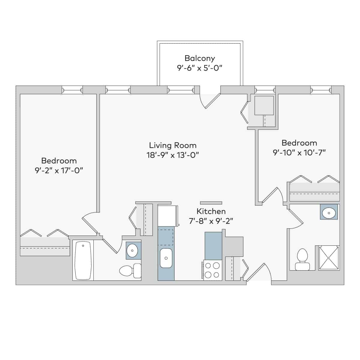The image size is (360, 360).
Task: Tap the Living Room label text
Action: tap(173, 145)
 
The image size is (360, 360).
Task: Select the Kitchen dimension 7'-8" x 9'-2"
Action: tap(211, 221)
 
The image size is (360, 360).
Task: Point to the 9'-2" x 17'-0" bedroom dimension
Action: tap(59, 170)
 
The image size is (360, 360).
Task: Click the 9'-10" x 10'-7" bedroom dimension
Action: tap(299, 153)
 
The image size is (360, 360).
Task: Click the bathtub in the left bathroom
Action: tap(83, 260)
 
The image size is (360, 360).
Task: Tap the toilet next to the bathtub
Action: tap(130, 271)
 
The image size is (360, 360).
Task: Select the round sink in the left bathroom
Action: tap(132, 250)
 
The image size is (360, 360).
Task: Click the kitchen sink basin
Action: tap(166, 258)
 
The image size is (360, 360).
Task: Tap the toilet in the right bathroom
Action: tap(302, 260)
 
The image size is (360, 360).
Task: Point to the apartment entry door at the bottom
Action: tap(257, 273)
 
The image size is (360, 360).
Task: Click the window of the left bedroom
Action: tap(72, 90)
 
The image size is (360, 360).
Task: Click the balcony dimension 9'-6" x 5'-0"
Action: tap(199, 68)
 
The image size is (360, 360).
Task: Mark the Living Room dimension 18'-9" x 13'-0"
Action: tap(173, 155)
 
